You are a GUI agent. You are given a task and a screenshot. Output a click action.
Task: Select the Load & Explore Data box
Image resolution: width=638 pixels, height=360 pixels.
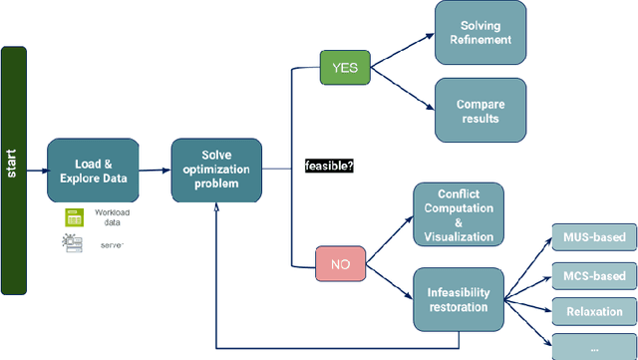[93, 170]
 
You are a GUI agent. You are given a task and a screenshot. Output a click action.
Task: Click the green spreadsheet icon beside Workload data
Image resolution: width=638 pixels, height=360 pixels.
[73, 216]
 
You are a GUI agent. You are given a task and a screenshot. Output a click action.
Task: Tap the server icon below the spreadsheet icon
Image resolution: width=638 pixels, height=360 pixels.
[73, 242]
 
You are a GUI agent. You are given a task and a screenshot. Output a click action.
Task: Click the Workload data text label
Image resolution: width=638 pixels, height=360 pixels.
[113, 217]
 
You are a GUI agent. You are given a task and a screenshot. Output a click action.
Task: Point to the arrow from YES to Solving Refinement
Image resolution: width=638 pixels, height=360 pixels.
[402, 50]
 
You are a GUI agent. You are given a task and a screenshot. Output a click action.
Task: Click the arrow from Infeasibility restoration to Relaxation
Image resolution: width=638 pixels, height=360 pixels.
[528, 304]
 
